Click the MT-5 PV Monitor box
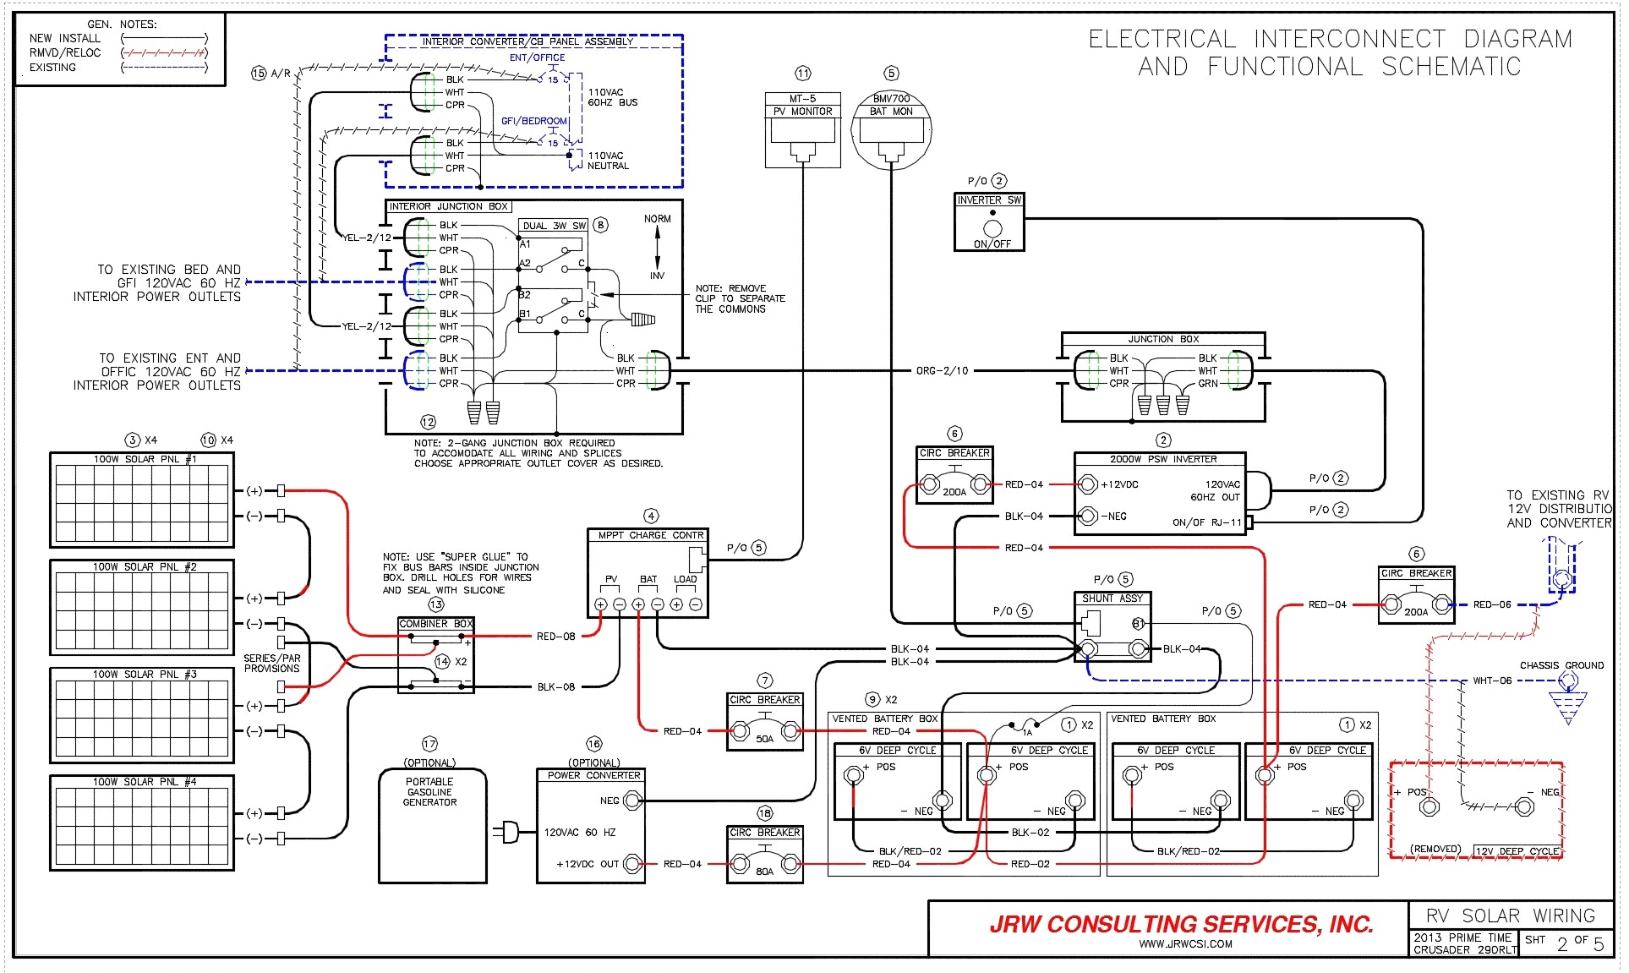802,129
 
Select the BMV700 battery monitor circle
891,130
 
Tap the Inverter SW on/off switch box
989,222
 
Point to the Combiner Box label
435,624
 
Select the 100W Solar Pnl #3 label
144,675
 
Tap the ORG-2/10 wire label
942,371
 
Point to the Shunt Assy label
1112,599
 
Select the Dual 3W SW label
554,226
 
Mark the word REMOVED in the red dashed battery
1435,849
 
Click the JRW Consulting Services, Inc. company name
1181,924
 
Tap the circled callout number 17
429,744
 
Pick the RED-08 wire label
555,637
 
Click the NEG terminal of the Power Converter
632,801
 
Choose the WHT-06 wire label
1492,681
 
